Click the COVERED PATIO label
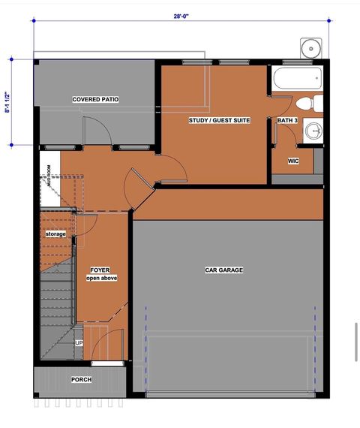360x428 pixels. point(95,99)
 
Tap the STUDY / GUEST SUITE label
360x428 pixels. point(219,120)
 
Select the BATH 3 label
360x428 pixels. point(286,120)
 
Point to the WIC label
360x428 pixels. point(293,161)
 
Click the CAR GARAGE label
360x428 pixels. point(224,270)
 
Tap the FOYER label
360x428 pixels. point(100,270)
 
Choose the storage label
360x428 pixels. point(55,234)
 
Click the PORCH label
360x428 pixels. point(81,380)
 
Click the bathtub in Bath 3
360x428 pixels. point(297,77)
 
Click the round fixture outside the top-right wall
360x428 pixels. point(310,48)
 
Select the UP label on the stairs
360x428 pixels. point(79,343)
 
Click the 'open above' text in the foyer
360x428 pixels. point(100,278)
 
